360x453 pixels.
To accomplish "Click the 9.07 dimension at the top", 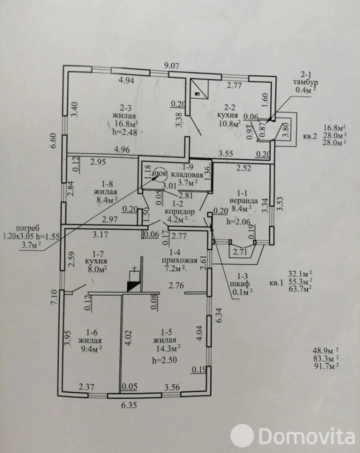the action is tap(171, 65).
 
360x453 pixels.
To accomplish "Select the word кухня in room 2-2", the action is tap(227, 115).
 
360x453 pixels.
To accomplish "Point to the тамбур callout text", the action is tap(305, 82).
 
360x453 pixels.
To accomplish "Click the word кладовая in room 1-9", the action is tap(187, 174).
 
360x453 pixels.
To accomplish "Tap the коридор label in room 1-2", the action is tap(179, 211).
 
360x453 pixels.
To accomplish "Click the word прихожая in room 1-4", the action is tap(179, 260).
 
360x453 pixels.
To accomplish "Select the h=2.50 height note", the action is tap(164, 360).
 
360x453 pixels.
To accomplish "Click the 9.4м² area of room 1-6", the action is tap(90, 348).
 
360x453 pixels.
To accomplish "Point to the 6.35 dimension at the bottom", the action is tap(129, 405).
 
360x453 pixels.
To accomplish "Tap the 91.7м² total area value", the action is tap(325, 366).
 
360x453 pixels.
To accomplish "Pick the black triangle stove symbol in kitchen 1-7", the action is tap(134, 286).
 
